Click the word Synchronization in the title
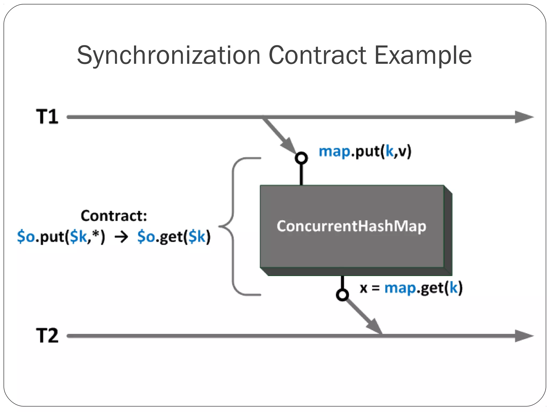tap(169, 56)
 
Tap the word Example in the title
tap(423, 56)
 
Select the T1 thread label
tap(47, 117)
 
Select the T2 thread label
tap(47, 336)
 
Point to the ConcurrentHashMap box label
tap(351, 226)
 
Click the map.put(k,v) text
tap(365, 152)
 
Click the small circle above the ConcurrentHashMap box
tap(301, 158)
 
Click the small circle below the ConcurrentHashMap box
tap(342, 295)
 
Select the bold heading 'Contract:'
tap(114, 216)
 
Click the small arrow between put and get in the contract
tap(121, 237)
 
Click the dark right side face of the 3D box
tap(448, 231)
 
